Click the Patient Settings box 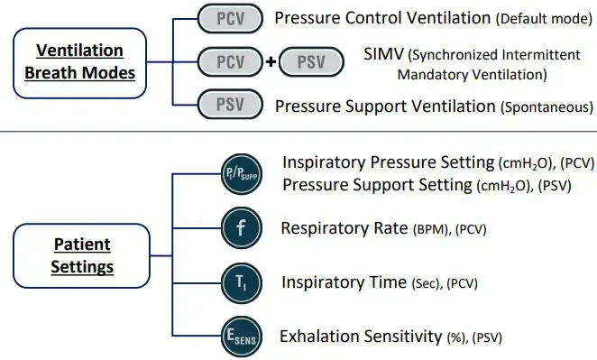pyautogui.click(x=80, y=255)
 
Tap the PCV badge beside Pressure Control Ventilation pyautogui.click(x=230, y=18)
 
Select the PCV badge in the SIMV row pyautogui.click(x=230, y=62)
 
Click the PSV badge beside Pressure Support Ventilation pyautogui.click(x=230, y=106)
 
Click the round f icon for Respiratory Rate pyautogui.click(x=241, y=227)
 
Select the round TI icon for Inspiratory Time pyautogui.click(x=241, y=282)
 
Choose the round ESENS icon pyautogui.click(x=241, y=337)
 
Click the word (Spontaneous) pyautogui.click(x=546, y=107)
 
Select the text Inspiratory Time pyautogui.click(x=344, y=282)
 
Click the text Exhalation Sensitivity pyautogui.click(x=361, y=337)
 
